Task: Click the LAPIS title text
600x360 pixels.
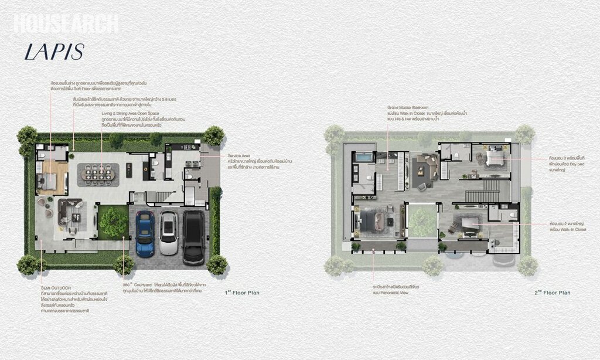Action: point(54,51)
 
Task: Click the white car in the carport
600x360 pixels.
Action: point(169,232)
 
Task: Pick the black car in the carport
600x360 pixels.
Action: point(193,236)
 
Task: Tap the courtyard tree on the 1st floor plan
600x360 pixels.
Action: point(113,222)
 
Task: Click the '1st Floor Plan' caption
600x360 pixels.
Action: point(242,292)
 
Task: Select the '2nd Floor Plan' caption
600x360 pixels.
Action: point(552,292)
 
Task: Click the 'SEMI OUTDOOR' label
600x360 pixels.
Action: point(56,288)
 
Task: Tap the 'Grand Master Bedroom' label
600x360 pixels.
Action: point(409,108)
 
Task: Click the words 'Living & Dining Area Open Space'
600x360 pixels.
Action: point(129,114)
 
